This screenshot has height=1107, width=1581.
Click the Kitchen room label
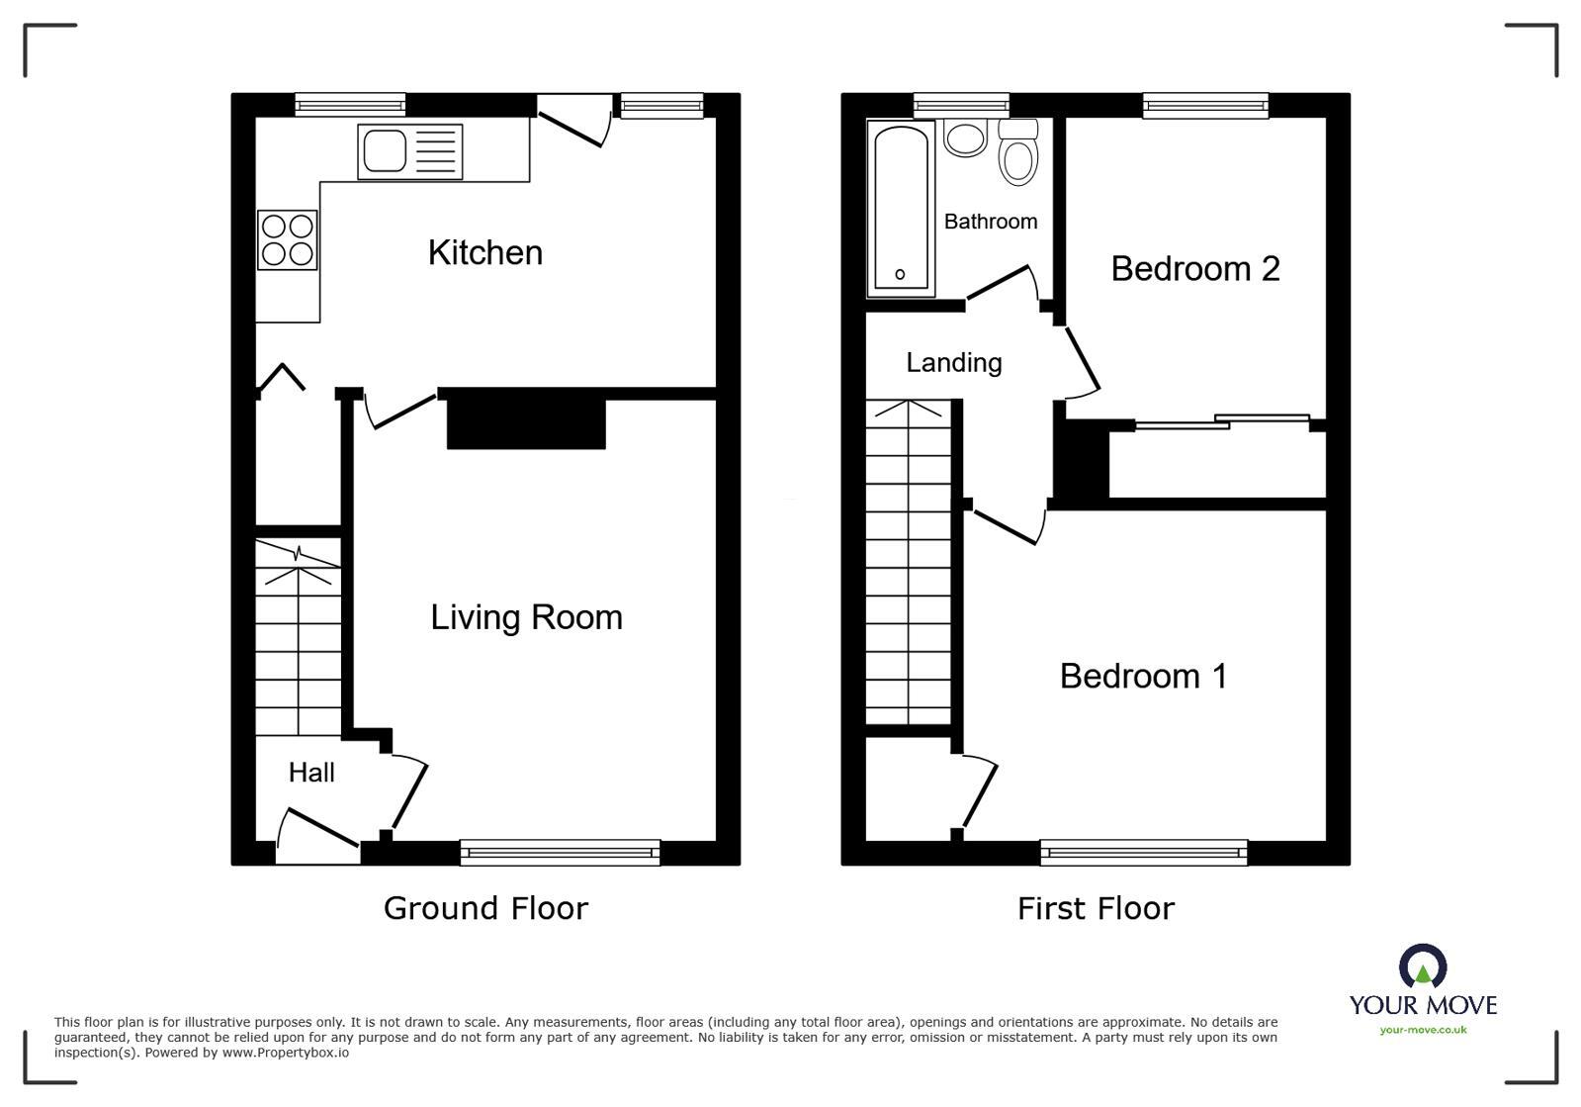(x=484, y=253)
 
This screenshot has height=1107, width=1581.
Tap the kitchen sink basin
(x=385, y=151)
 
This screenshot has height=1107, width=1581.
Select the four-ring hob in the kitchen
(x=287, y=240)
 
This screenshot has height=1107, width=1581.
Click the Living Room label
(x=526, y=617)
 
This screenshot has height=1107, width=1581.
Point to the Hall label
(x=311, y=773)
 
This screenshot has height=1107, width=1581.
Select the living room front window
(x=560, y=852)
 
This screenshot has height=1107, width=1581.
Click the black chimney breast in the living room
(x=525, y=423)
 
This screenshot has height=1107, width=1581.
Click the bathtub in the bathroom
(x=901, y=208)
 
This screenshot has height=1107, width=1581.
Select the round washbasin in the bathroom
(x=965, y=138)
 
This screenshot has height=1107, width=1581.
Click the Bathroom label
(x=990, y=222)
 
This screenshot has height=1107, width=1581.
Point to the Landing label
(x=953, y=363)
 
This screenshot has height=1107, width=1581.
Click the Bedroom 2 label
(x=1194, y=269)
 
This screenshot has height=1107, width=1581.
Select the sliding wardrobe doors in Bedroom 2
(x=1222, y=422)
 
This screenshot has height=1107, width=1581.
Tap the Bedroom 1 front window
(x=1143, y=852)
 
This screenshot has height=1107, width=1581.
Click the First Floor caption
(x=1096, y=908)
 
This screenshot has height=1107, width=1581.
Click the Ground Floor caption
(x=485, y=908)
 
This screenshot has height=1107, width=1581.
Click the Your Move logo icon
(x=1422, y=967)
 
